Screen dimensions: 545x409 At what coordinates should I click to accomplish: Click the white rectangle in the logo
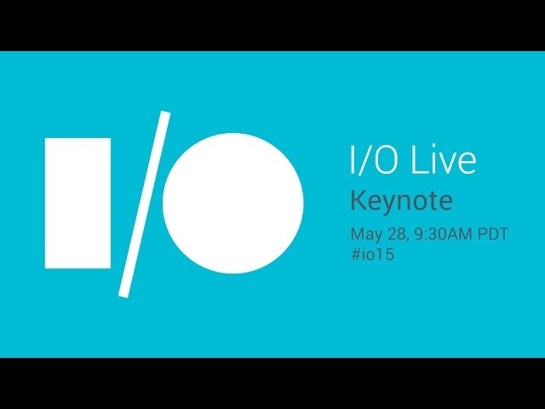pos(77,203)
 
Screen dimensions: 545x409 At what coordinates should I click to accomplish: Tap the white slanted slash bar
pos(144,204)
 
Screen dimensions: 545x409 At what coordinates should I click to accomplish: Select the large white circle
pos(232,203)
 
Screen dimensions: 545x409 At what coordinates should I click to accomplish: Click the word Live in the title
pos(444,160)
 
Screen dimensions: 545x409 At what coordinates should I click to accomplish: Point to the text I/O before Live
pos(374,160)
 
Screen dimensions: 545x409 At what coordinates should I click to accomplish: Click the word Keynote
pos(401,201)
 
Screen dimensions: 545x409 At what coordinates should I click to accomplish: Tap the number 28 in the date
pos(395,233)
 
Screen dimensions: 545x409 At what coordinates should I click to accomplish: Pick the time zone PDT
pos(493,233)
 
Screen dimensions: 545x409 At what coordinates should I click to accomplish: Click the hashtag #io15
pos(372,254)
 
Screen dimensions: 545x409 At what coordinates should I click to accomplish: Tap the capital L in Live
pos(419,160)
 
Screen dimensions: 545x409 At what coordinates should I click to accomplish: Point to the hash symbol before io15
pos(356,254)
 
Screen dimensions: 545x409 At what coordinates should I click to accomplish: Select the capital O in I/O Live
pos(384,160)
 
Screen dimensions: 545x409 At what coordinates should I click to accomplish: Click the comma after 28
pos(406,239)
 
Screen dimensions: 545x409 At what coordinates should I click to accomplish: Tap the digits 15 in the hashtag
pos(387,254)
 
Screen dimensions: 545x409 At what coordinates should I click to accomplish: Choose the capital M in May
pos(357,233)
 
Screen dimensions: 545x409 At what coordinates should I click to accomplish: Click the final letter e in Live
pos(468,164)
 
